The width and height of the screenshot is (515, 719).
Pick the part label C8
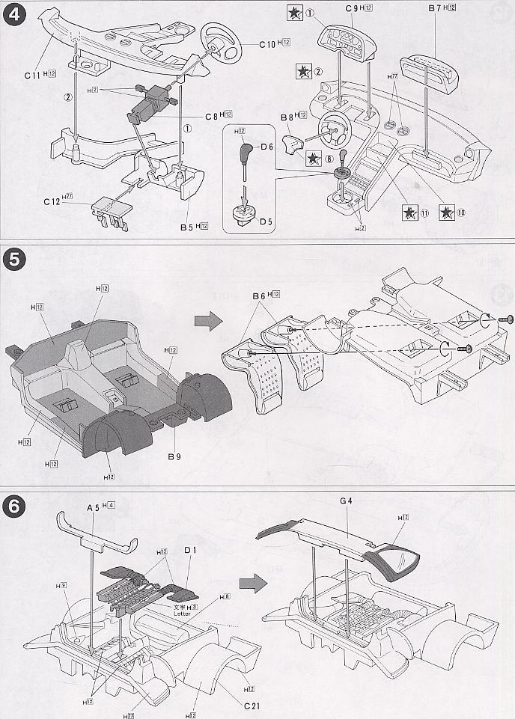[212, 117]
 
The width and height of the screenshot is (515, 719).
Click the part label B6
[260, 296]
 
